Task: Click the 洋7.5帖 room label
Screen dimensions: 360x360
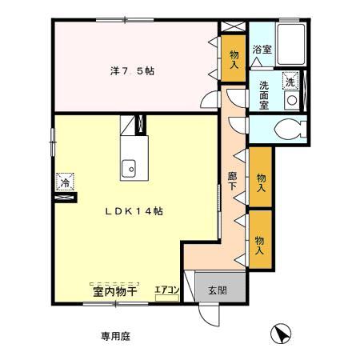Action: [x=132, y=71]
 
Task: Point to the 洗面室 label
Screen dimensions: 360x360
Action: [x=265, y=94]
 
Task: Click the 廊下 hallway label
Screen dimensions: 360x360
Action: [x=232, y=181]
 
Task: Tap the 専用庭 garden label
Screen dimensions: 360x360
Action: [x=114, y=336]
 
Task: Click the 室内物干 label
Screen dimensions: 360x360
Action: [x=110, y=292]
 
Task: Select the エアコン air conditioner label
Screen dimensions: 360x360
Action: [x=166, y=290]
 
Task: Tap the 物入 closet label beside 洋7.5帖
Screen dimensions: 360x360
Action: [x=234, y=59]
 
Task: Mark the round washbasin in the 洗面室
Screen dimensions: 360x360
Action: [x=292, y=100]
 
